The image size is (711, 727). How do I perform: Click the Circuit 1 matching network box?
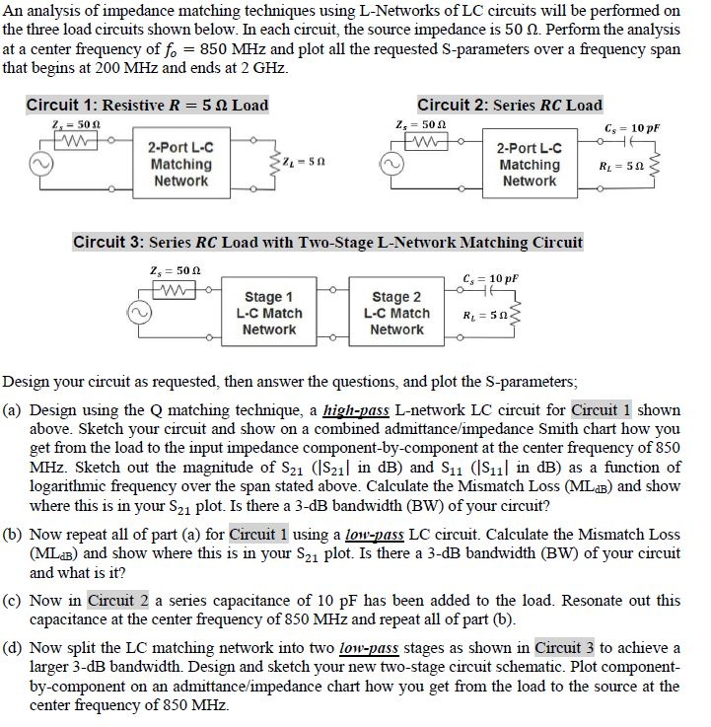point(180,164)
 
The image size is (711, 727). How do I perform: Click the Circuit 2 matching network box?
point(530,164)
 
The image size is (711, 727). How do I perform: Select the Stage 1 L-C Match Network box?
point(268,313)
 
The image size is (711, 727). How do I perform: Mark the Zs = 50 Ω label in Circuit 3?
point(169,270)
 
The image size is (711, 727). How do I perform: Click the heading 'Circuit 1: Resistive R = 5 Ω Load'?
point(147,105)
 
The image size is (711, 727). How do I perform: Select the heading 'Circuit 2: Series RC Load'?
point(509,105)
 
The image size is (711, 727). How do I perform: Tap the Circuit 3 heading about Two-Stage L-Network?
point(327,242)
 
